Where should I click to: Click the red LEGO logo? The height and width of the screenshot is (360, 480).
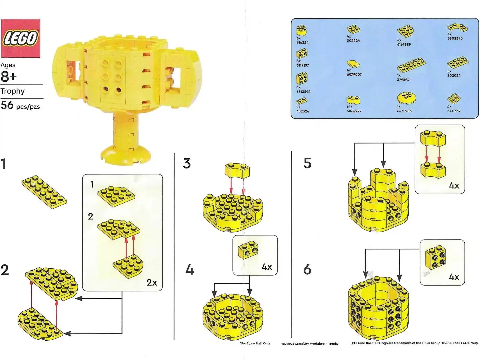click(x=20, y=38)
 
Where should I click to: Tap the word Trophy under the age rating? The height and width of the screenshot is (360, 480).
click(x=13, y=91)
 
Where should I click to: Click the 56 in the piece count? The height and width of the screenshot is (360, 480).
click(x=7, y=105)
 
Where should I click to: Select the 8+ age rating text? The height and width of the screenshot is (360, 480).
click(x=9, y=76)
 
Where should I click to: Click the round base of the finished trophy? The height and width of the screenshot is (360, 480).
click(x=125, y=156)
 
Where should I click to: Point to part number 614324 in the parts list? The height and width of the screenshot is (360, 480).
click(x=302, y=43)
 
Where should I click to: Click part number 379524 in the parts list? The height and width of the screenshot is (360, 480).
click(x=403, y=80)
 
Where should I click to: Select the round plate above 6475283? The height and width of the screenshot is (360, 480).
click(x=406, y=98)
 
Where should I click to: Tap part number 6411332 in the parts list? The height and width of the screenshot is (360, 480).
click(x=454, y=111)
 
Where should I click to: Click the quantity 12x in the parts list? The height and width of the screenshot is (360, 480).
click(x=349, y=107)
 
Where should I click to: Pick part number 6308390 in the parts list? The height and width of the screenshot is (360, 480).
click(x=455, y=38)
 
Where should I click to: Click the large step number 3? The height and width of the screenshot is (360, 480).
click(x=187, y=163)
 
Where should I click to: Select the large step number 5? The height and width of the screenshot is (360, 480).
click(x=307, y=163)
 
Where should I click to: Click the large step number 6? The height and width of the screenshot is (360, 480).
click(x=307, y=269)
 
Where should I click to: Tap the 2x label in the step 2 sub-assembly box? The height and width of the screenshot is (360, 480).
click(x=152, y=283)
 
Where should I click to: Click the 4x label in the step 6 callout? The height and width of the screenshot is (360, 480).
click(x=454, y=277)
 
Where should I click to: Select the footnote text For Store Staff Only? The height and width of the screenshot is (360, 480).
click(x=255, y=343)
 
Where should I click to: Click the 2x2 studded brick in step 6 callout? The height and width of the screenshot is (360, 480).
click(x=436, y=259)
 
